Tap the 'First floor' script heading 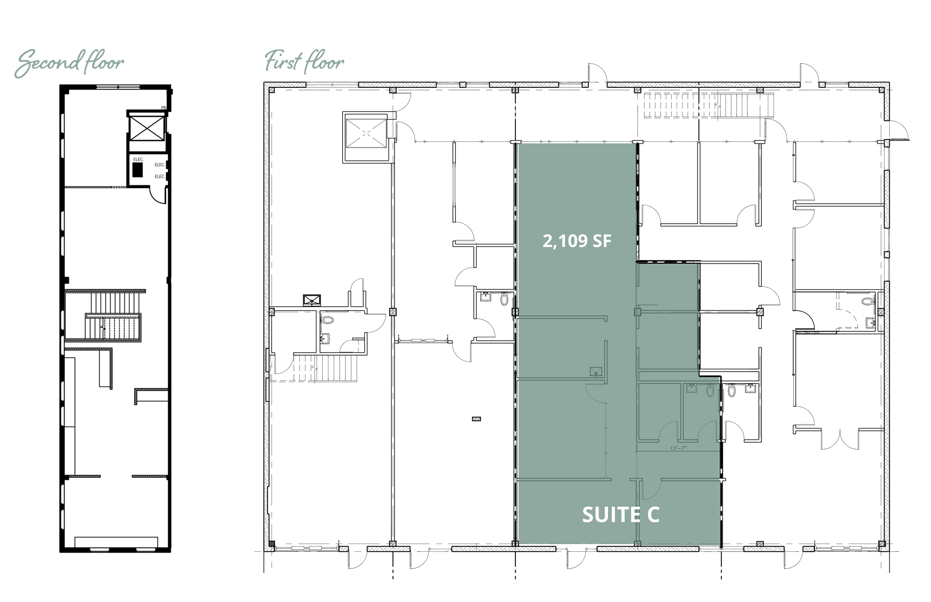304,62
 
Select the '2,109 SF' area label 576,241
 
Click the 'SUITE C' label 621,515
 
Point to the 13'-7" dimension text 678,448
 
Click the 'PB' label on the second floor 163,108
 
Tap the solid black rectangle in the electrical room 137,170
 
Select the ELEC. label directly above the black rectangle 139,160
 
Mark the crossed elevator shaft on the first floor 366,133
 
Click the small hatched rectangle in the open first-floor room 476,419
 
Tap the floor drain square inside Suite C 596,371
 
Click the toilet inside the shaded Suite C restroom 711,391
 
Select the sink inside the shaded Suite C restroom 691,388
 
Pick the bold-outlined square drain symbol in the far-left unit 312,300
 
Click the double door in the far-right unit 839,439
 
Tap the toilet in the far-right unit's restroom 867,302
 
